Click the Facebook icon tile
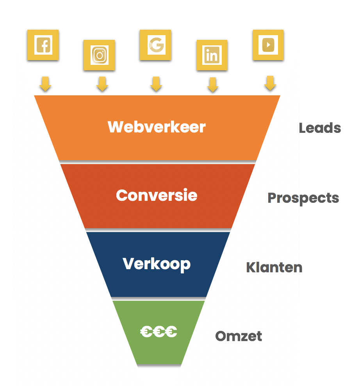click(43, 45)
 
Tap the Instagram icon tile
click(99, 55)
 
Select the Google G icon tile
click(155, 45)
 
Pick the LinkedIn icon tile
click(212, 55)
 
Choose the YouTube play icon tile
click(268, 45)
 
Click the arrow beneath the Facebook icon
click(45, 84)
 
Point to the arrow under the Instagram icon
click(102, 84)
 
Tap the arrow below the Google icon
click(156, 84)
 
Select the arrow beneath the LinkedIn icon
click(213, 85)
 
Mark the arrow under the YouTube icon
click(270, 83)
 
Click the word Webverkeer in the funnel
click(157, 127)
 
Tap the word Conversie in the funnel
click(157, 195)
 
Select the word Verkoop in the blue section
click(157, 264)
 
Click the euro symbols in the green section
click(159, 331)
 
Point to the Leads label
click(320, 128)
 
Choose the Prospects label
click(303, 198)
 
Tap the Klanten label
click(274, 267)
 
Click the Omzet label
click(239, 336)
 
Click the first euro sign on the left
click(146, 331)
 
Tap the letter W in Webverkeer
click(116, 127)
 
